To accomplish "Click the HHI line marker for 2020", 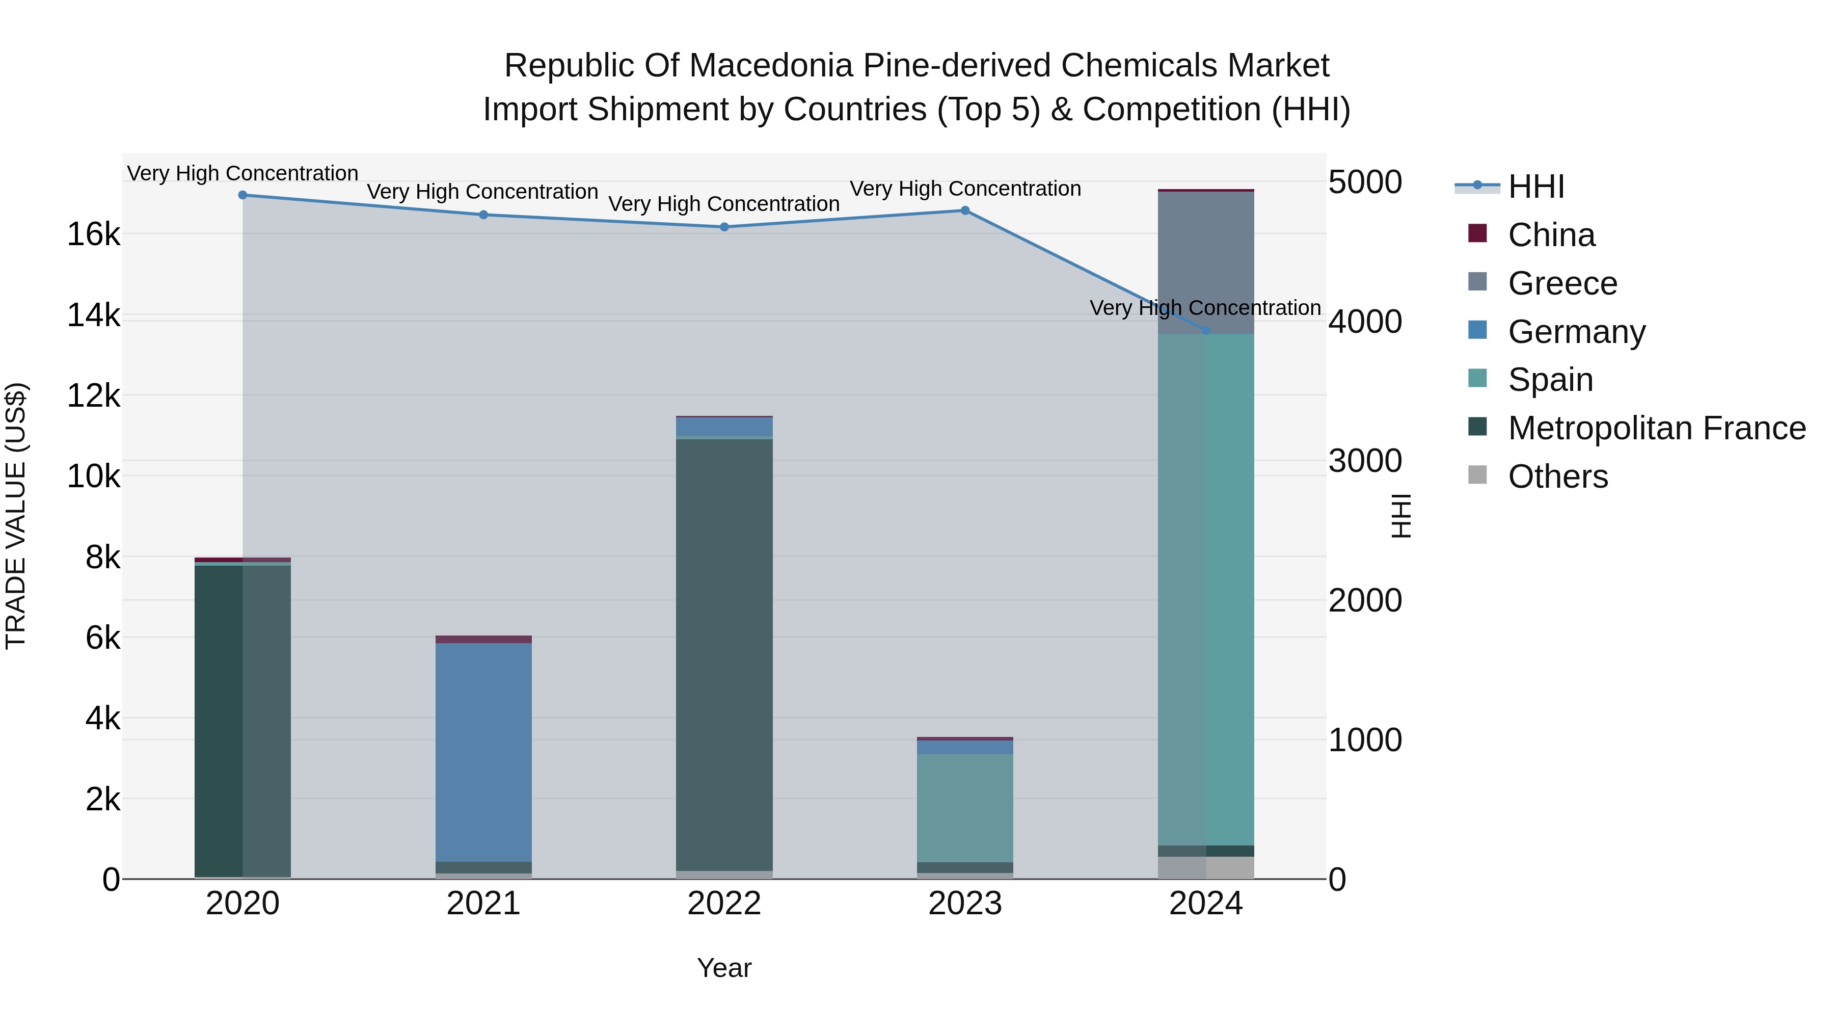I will coord(243,195).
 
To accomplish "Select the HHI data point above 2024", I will coord(1206,330).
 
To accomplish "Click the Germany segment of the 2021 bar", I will coord(483,751).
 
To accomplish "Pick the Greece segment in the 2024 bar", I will coord(1206,262).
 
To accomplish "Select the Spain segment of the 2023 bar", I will coord(965,808).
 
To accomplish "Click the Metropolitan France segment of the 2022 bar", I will coord(724,654).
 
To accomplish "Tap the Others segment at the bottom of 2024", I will coord(1206,867).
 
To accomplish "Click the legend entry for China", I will coord(1551,235).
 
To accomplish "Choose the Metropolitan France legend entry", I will coord(1656,428).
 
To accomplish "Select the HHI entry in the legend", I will coord(1535,187).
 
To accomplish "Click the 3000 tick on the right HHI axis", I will coord(1365,461).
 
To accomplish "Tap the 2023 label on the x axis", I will coord(965,904).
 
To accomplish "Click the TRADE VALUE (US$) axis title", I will coord(16,516).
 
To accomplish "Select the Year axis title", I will coord(724,968).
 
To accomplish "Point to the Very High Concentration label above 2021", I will coord(483,192).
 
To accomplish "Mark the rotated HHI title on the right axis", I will coord(1400,516).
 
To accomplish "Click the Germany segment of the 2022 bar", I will coord(724,427).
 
